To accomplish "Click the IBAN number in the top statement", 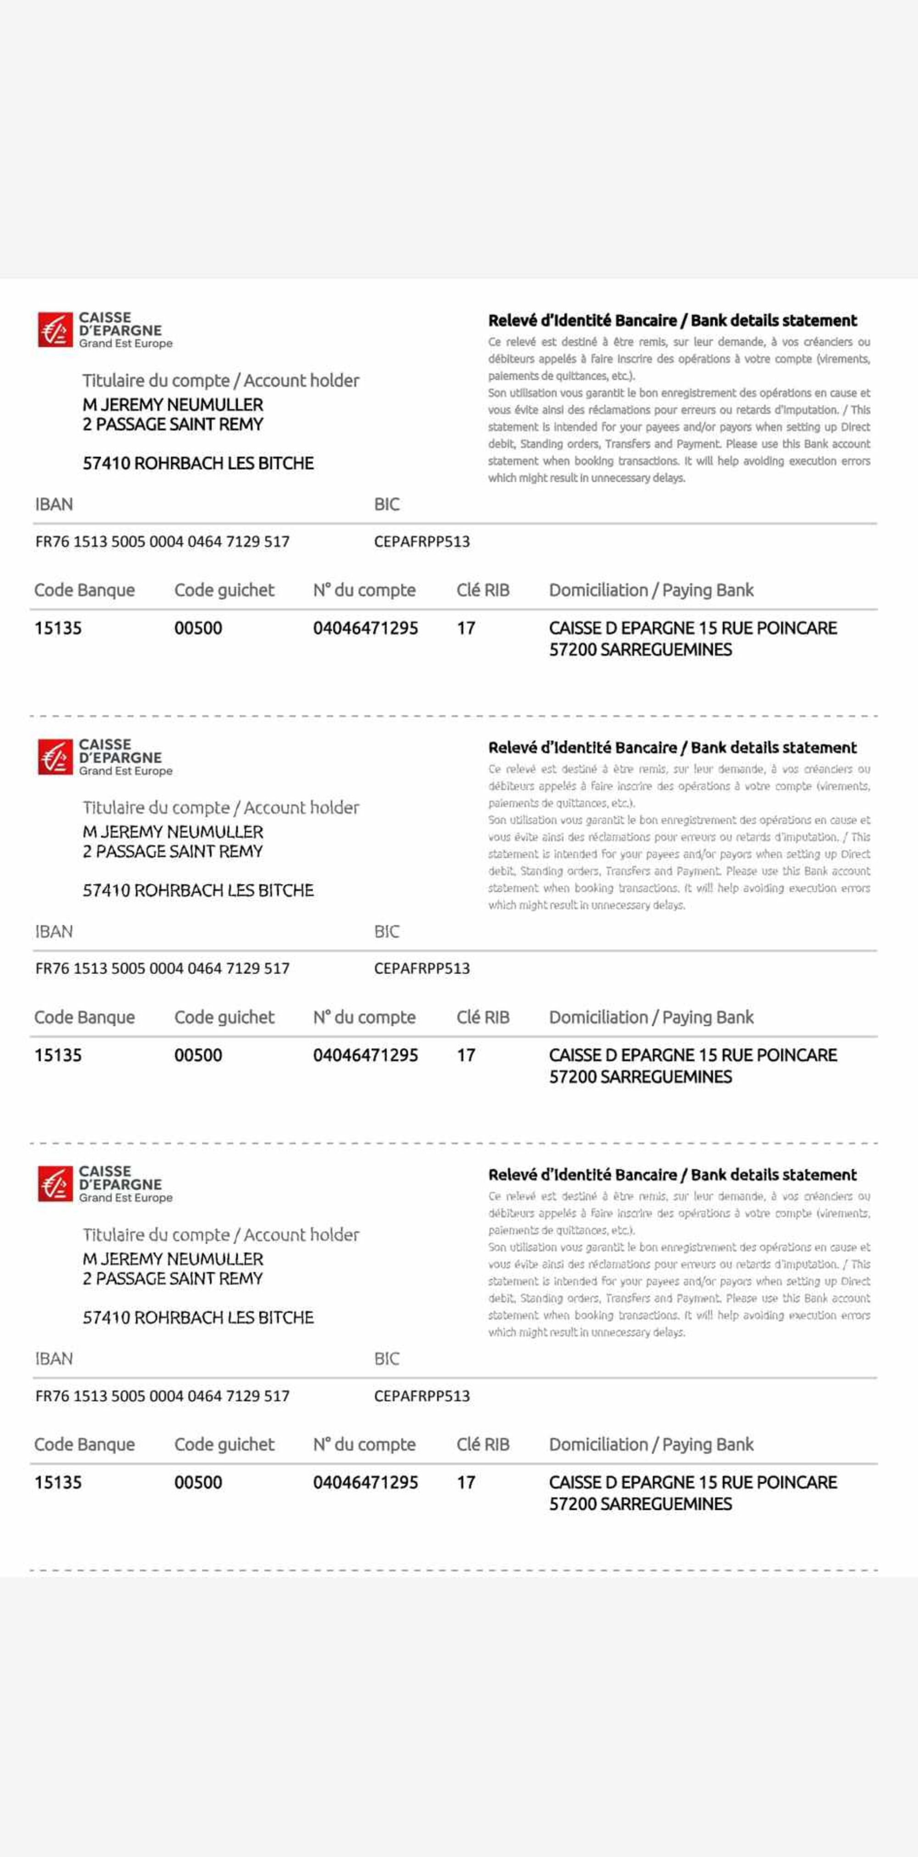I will click(162, 541).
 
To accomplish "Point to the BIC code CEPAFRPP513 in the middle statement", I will click(421, 968).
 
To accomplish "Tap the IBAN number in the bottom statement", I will click(162, 1396).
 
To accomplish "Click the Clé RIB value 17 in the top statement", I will click(465, 628).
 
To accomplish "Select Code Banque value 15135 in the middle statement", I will click(58, 1055).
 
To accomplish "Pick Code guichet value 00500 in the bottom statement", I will click(198, 1482).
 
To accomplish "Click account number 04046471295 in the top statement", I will click(365, 628).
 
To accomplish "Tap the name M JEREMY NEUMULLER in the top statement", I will click(173, 405).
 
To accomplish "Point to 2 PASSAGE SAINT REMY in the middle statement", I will click(173, 851).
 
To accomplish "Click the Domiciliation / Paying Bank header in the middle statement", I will click(651, 1017).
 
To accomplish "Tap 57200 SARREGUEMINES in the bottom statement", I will click(640, 1504).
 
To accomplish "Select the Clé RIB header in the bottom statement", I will click(483, 1445).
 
